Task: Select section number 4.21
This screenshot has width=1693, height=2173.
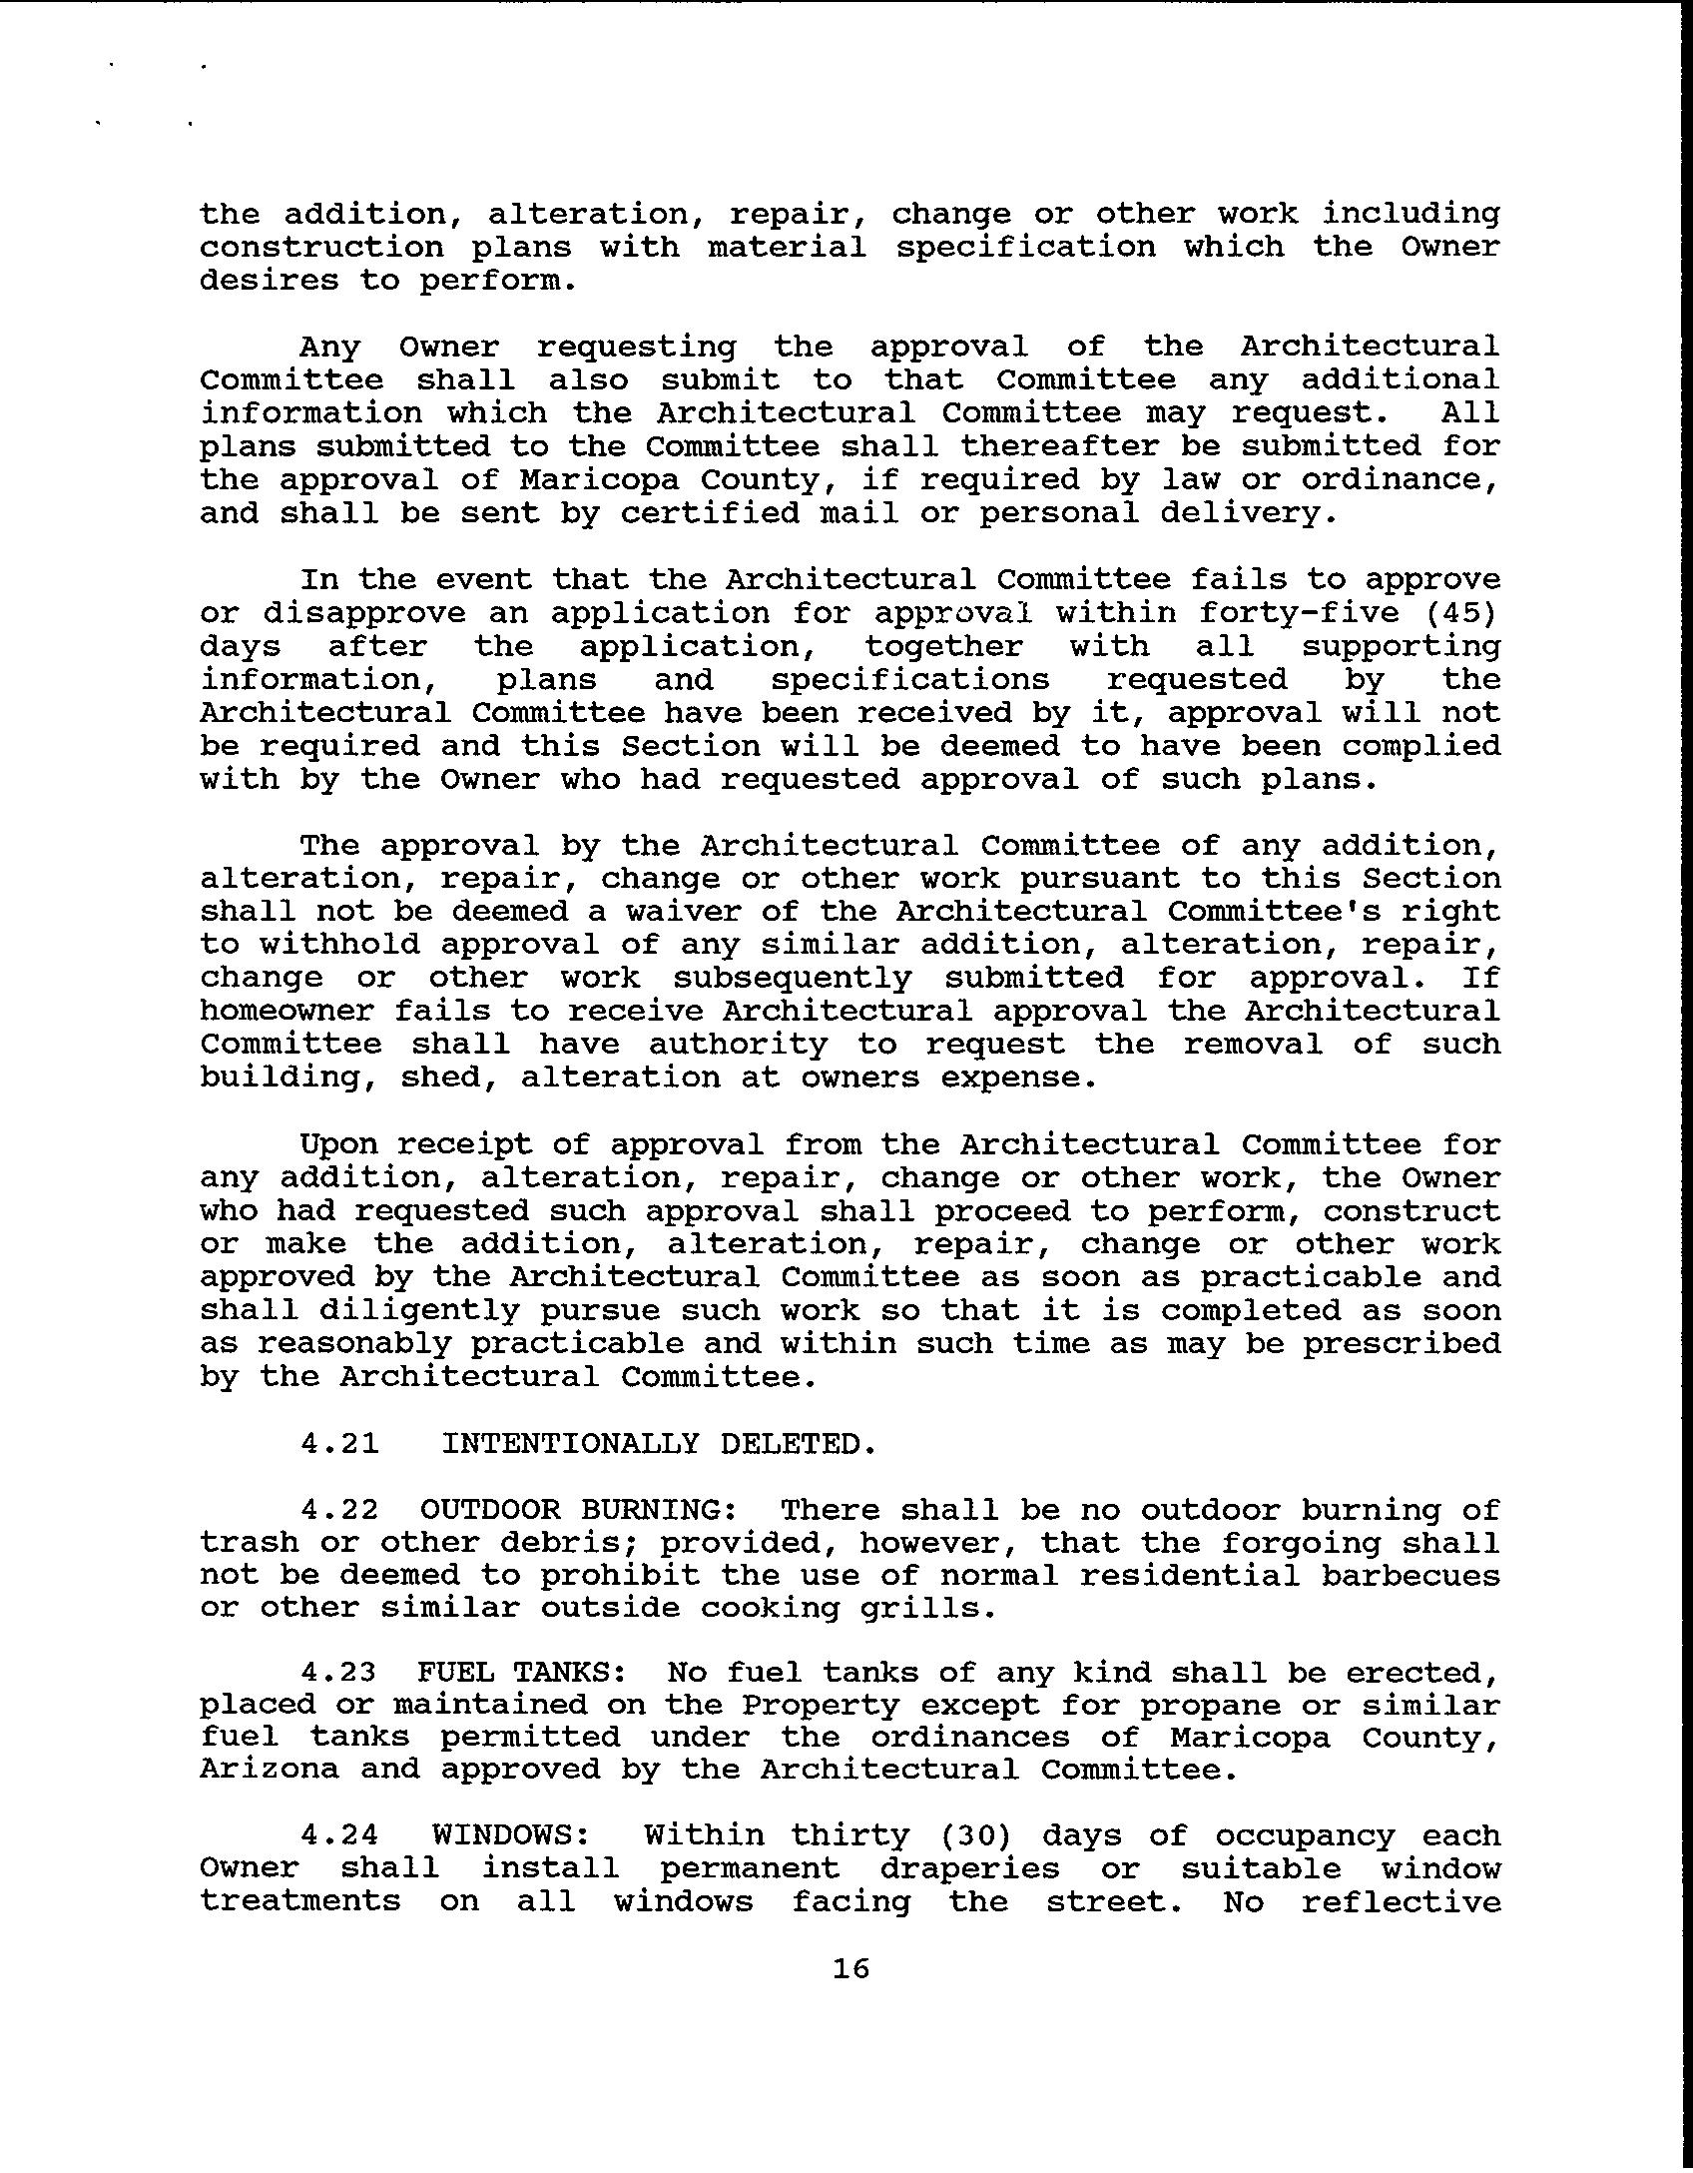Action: click(339, 1444)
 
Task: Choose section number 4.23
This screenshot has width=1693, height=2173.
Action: click(339, 1672)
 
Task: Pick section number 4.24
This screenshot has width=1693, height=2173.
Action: click(339, 1835)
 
